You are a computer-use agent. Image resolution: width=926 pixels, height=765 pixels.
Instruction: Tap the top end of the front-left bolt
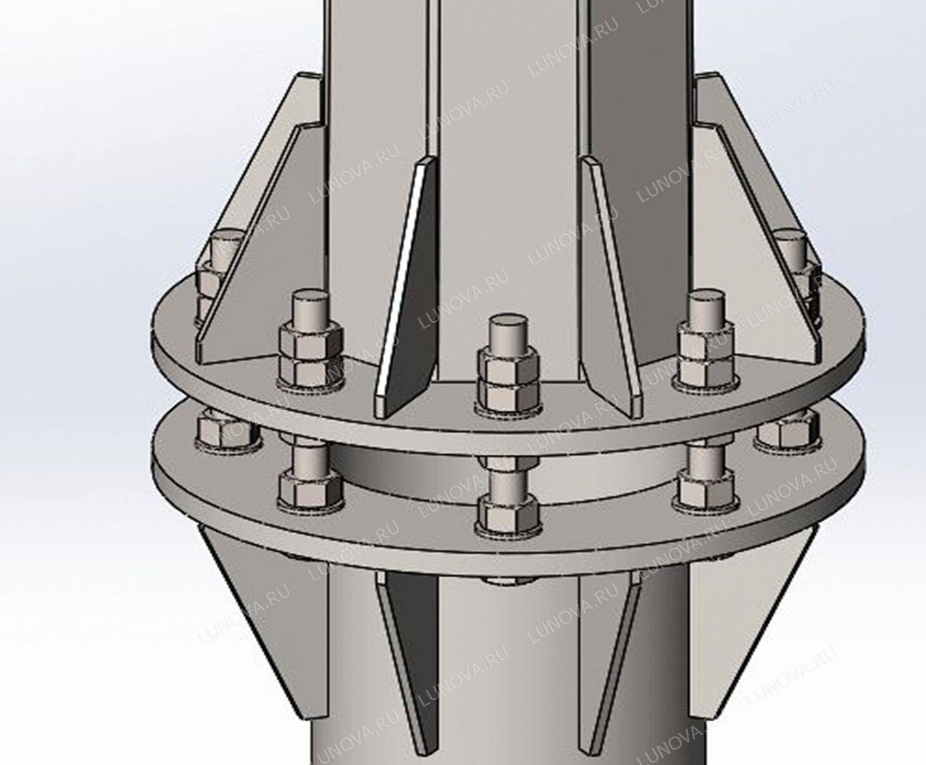pos(311,298)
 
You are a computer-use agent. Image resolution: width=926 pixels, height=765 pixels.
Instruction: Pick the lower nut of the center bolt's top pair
pos(508,393)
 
